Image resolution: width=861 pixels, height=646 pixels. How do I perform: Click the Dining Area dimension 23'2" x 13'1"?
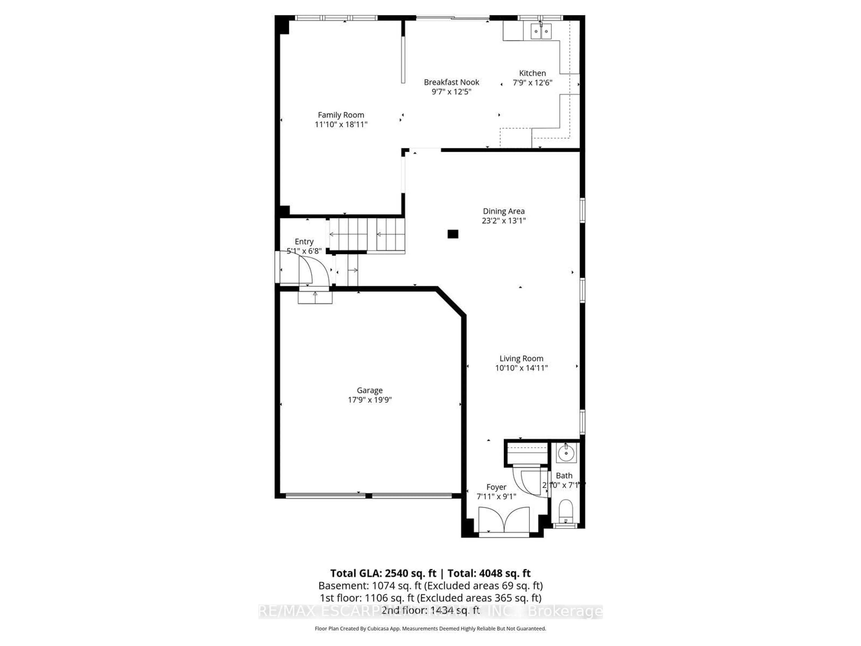(x=503, y=221)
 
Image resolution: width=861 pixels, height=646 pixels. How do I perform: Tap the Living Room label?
(x=521, y=358)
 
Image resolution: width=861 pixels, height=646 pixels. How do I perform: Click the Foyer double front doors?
(x=504, y=520)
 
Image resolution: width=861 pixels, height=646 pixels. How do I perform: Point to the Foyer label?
(x=496, y=487)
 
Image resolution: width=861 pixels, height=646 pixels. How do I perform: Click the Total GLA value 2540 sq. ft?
(x=410, y=573)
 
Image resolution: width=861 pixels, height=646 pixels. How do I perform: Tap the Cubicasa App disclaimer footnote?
(x=430, y=629)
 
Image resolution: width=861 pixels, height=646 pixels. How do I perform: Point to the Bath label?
(x=564, y=476)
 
